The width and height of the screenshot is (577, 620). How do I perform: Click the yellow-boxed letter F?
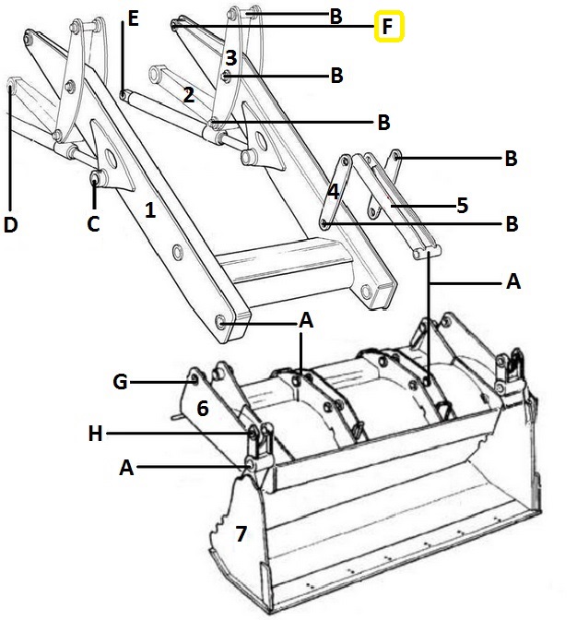(x=389, y=27)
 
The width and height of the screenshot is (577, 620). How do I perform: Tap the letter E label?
(x=134, y=18)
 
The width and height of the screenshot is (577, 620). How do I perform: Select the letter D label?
(x=11, y=224)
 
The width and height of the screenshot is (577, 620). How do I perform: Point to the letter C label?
(x=93, y=224)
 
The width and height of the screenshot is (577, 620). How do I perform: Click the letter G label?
(x=120, y=382)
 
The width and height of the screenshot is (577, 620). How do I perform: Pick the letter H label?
(x=96, y=434)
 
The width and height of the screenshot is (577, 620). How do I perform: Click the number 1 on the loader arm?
(x=150, y=210)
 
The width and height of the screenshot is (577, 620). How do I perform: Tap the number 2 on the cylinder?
(x=189, y=95)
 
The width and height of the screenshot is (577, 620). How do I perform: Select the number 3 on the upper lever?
(x=231, y=58)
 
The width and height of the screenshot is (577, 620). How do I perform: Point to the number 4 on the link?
(x=334, y=192)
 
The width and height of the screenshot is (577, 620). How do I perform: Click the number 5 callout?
(x=462, y=206)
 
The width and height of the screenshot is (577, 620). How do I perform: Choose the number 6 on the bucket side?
(x=203, y=408)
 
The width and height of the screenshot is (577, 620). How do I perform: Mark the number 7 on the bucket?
(x=241, y=534)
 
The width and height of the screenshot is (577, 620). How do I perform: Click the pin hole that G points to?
(x=194, y=379)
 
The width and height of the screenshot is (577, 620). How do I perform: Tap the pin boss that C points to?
(x=96, y=179)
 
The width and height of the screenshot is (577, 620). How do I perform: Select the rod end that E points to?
(x=124, y=94)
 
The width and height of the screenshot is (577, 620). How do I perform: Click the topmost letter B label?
(x=336, y=17)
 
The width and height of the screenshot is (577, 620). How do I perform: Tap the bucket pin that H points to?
(x=253, y=434)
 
